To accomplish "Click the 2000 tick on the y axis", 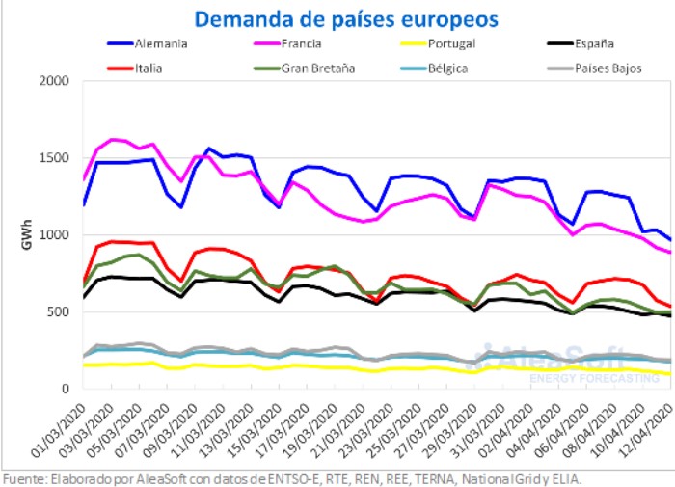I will (x=57, y=81).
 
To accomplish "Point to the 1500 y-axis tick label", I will (x=57, y=158).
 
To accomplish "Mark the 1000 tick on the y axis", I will (x=57, y=235).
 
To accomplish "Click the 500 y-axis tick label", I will (x=61, y=312).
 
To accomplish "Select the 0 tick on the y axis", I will (x=67, y=390).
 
